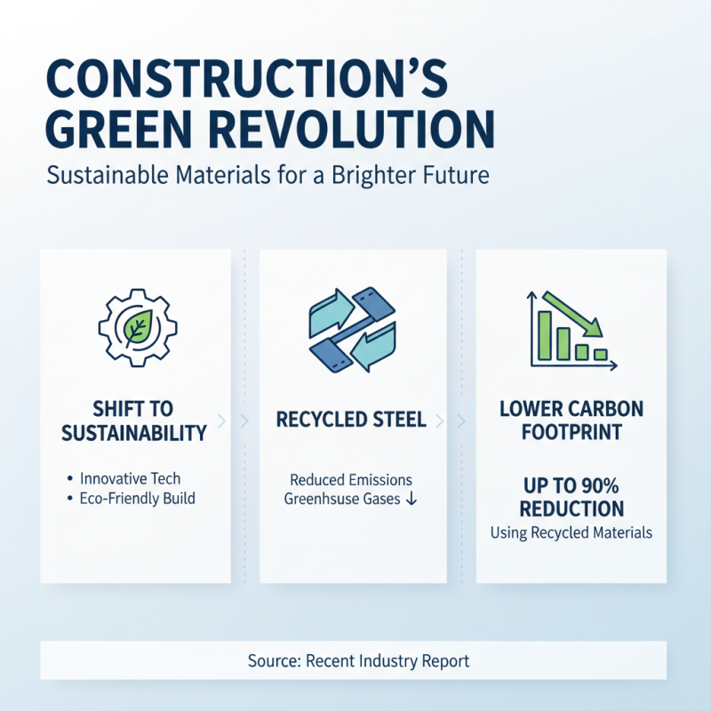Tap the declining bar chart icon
[x=570, y=327]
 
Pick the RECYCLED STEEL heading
[x=352, y=419]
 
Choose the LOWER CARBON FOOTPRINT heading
[x=571, y=421]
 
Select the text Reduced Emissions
[x=352, y=479]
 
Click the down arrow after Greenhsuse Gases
[x=411, y=499]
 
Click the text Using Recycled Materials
[x=571, y=532]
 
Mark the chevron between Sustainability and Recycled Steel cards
[x=245, y=420]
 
